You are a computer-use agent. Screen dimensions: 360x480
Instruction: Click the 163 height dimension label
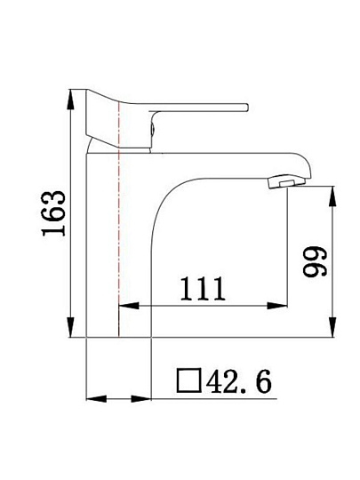[54, 213]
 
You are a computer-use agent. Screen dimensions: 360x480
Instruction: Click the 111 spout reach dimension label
[203, 289]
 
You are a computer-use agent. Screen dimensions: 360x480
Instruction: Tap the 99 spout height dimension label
[315, 261]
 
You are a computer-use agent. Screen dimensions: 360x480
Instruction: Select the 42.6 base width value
[239, 381]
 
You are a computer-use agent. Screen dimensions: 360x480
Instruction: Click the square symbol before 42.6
[189, 380]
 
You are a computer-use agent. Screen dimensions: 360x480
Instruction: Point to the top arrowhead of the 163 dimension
[71, 99]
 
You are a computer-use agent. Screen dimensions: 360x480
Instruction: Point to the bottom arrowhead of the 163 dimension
[71, 327]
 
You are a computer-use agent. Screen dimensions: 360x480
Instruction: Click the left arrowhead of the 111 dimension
[128, 306]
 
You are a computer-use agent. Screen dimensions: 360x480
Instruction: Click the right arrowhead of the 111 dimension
[277, 306]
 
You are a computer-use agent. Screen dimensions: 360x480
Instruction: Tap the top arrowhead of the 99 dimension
[332, 196]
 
